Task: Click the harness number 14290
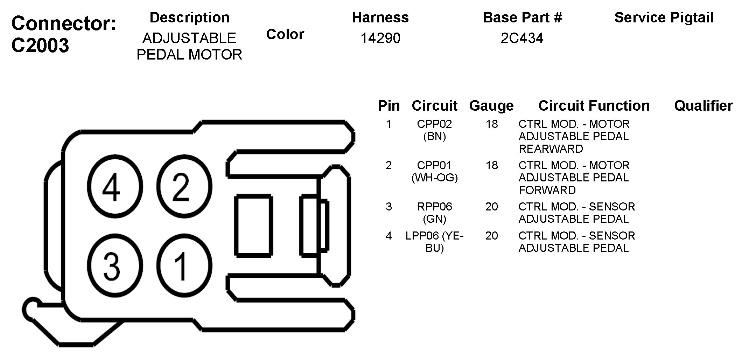tap(380, 38)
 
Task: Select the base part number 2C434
tap(522, 38)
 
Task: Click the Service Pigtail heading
tap(664, 18)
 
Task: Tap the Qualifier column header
tap(703, 106)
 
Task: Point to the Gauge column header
tap(491, 106)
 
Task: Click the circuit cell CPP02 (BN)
tap(434, 130)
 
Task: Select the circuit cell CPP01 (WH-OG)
tap(434, 171)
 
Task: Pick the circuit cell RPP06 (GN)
tap(434, 213)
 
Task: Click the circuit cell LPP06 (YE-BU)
tap(434, 242)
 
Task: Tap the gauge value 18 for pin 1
tap(491, 124)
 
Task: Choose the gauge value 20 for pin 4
tap(491, 236)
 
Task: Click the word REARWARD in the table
tap(551, 149)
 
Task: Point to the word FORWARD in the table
tap(547, 190)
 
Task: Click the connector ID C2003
tap(40, 46)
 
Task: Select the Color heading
tap(285, 34)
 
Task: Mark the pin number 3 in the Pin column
tap(388, 207)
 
